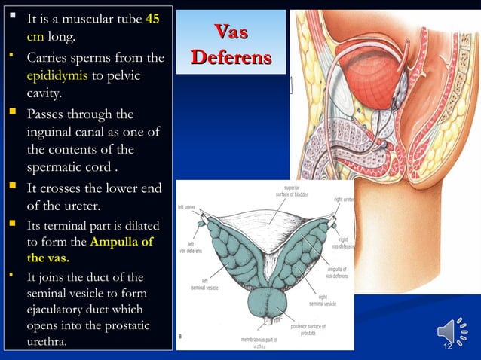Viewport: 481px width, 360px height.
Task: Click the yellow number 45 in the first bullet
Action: coord(152,18)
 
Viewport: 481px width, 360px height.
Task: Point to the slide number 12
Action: coord(447,346)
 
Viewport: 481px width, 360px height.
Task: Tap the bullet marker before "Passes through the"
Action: coord(16,114)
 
